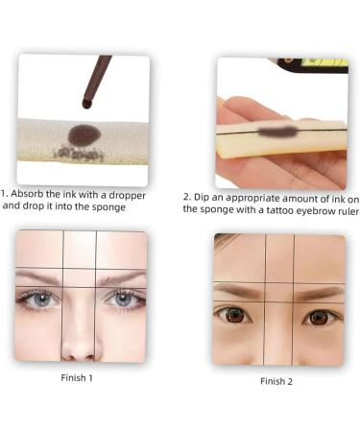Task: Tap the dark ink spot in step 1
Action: click(x=84, y=135)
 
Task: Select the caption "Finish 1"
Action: click(x=77, y=377)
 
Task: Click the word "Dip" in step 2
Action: click(x=204, y=199)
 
